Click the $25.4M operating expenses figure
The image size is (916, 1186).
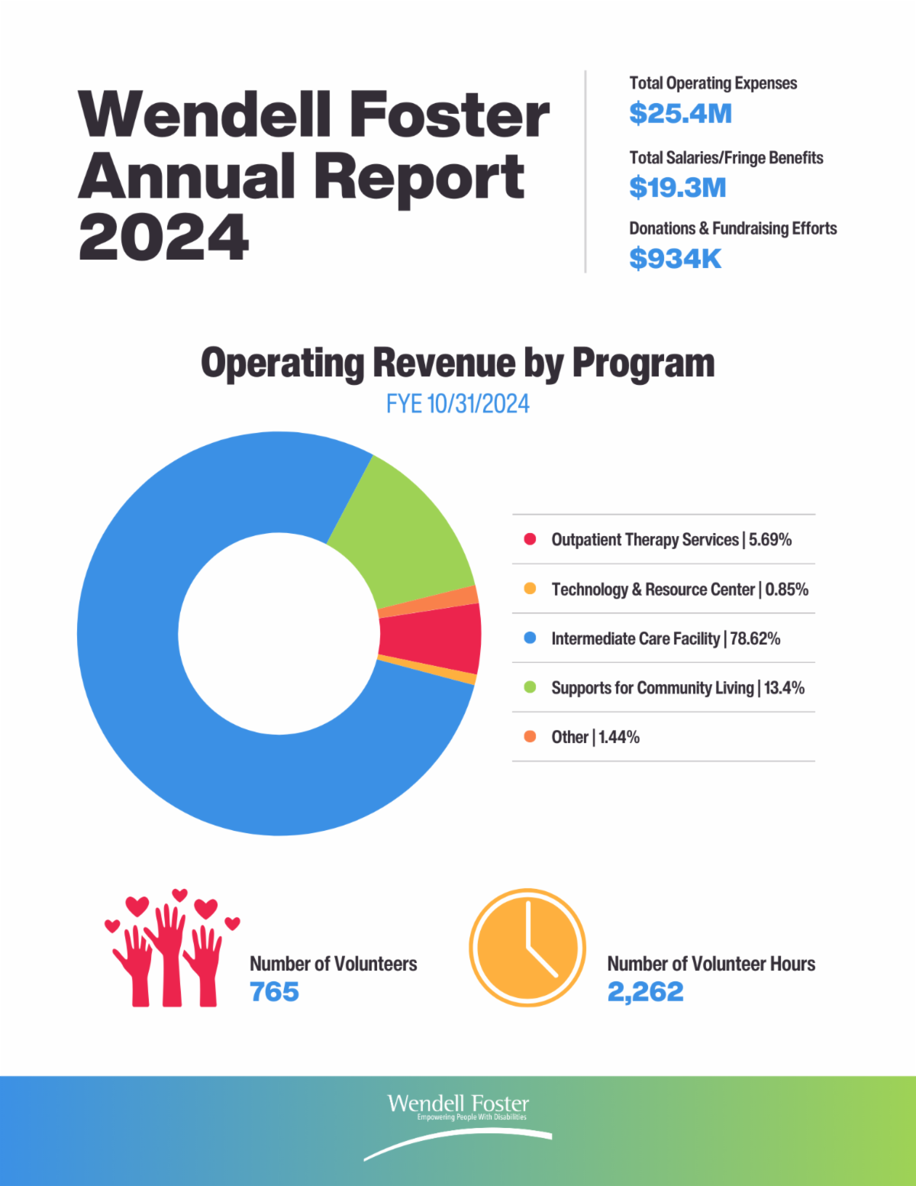680,114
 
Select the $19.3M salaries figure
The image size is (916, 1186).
677,188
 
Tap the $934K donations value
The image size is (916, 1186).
675,259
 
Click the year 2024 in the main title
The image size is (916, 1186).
163,238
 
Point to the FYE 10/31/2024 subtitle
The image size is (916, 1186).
457,403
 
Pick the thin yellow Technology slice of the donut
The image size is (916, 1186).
427,670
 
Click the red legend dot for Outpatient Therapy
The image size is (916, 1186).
530,539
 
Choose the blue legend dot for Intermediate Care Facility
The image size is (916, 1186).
530,638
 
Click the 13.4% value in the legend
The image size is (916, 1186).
784,688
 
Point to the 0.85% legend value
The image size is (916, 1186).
786,590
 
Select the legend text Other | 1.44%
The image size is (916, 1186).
595,737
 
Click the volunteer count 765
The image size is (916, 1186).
274,992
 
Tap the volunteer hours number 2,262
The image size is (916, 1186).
645,992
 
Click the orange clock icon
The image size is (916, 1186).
527,947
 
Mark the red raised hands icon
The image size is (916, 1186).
172,951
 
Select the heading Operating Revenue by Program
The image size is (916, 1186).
457,364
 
